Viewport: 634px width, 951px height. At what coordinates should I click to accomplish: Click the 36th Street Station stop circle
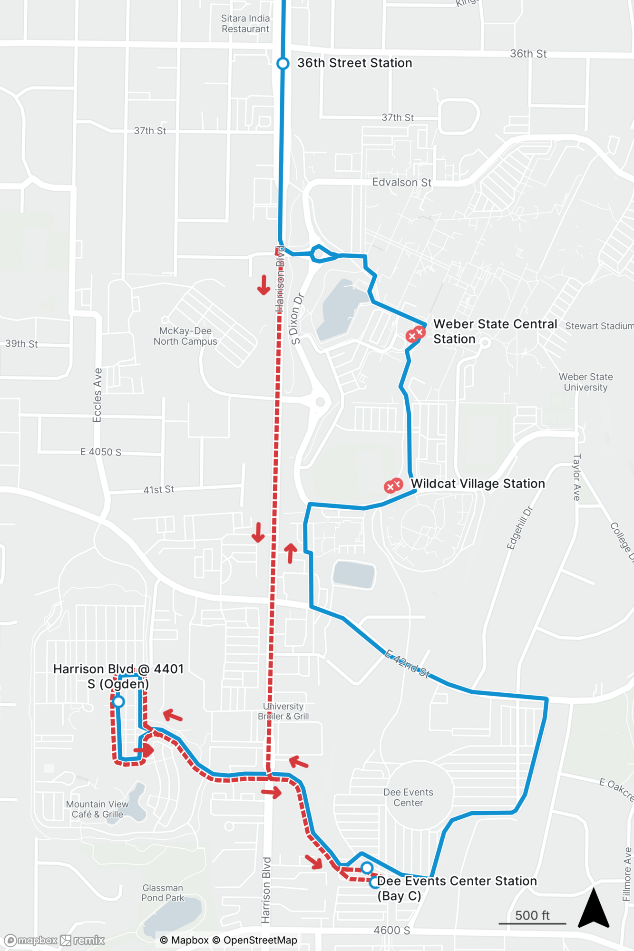coord(283,63)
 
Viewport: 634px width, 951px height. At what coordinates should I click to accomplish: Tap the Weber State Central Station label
coord(495,331)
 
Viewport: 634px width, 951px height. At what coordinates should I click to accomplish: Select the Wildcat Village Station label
coord(478,484)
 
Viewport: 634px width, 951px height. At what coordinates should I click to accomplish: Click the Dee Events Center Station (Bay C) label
coord(457,888)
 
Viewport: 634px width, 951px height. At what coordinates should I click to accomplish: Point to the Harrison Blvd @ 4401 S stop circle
coord(118,701)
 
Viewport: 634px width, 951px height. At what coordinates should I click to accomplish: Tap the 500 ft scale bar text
coord(532,915)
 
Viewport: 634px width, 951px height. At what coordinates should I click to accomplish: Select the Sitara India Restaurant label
coord(245,24)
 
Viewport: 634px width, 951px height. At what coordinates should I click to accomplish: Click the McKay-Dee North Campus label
coord(185,336)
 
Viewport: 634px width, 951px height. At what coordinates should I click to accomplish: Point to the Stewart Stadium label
coord(599,326)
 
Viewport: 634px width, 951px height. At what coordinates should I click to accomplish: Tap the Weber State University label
coord(585,382)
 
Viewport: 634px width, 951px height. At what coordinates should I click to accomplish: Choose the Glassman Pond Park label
coord(163,893)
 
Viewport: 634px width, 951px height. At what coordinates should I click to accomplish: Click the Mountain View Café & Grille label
coord(98,809)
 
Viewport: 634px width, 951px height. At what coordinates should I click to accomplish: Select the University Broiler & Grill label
coord(283,711)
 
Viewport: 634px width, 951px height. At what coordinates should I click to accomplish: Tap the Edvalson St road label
coord(401,183)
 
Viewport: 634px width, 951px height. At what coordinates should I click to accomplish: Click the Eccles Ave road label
coord(98,395)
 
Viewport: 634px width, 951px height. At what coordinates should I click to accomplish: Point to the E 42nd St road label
coord(407,664)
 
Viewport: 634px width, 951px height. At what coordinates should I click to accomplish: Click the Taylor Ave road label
coord(577,477)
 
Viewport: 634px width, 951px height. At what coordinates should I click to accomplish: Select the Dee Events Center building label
coord(408,797)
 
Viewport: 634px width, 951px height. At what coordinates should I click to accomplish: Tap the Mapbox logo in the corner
coord(30,941)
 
